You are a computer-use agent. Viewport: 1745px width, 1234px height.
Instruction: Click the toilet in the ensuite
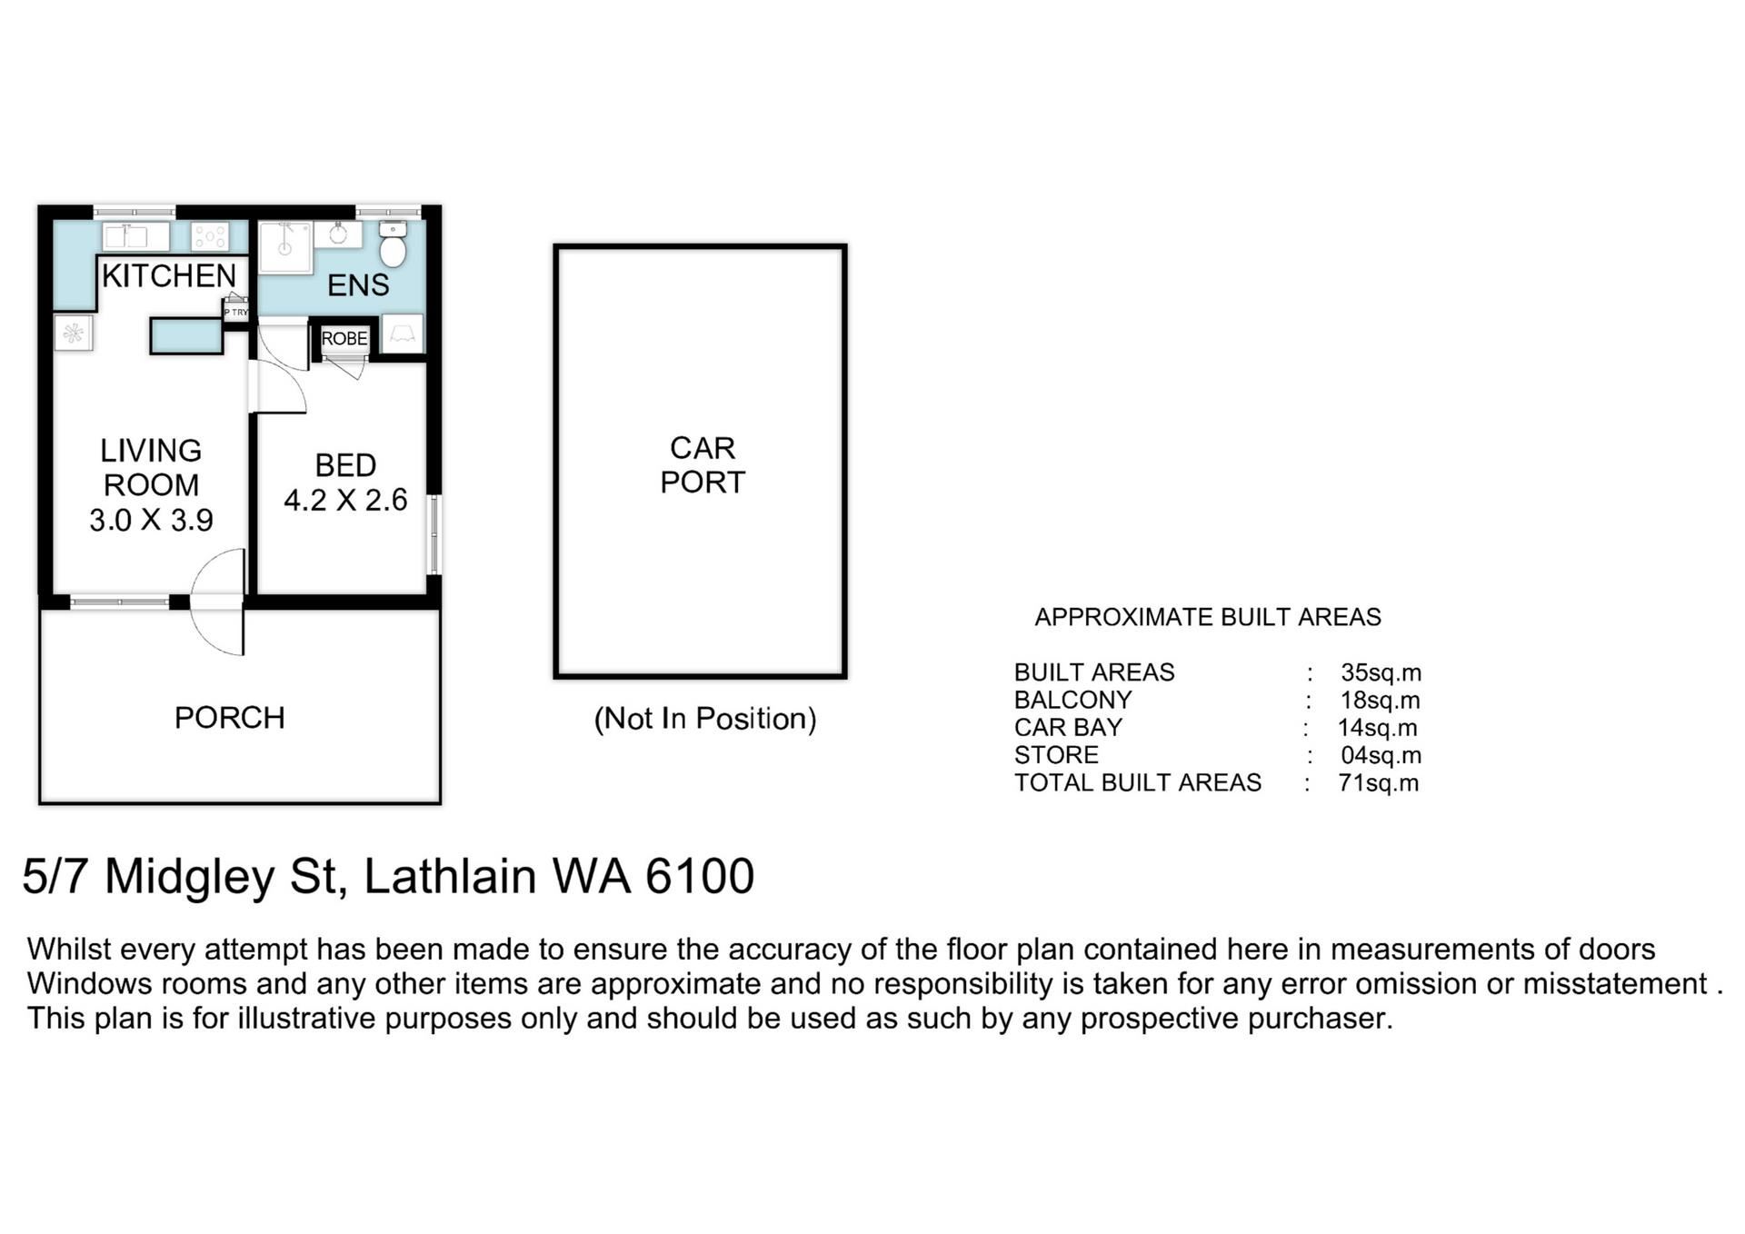click(393, 244)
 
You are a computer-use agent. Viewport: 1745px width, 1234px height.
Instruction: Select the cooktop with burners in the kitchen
click(210, 237)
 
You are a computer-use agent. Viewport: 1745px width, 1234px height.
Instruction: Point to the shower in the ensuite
click(285, 246)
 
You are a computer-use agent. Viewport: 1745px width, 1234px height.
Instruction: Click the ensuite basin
click(338, 234)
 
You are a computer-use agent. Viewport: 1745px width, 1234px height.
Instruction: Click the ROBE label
click(344, 339)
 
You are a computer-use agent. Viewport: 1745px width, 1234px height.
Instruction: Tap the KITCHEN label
click(169, 275)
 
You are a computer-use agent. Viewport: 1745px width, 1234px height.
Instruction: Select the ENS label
click(358, 285)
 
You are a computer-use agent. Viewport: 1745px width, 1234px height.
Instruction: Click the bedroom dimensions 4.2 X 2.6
click(345, 500)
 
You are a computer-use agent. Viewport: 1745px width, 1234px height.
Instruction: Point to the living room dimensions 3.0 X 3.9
click(151, 520)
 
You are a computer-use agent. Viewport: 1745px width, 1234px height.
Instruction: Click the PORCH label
click(230, 718)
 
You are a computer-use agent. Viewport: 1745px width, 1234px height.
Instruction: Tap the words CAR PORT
click(703, 465)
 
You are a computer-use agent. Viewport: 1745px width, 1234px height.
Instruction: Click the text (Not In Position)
click(705, 719)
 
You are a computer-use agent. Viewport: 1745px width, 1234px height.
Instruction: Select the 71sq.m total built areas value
click(1378, 783)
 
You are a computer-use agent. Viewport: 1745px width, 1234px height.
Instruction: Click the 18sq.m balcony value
click(1380, 701)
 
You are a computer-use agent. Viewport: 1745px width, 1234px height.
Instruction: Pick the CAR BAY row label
click(1068, 728)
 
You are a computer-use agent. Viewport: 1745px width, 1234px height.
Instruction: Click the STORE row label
click(1056, 755)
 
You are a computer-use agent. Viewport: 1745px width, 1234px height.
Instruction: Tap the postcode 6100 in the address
click(700, 876)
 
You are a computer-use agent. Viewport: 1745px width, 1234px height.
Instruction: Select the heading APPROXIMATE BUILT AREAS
click(1208, 618)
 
